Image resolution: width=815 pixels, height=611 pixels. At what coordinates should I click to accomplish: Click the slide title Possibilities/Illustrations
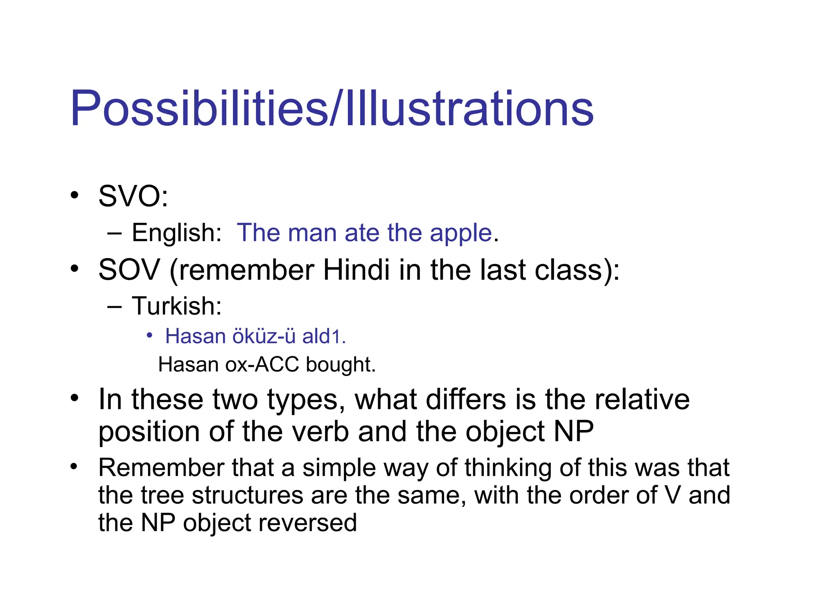click(x=331, y=109)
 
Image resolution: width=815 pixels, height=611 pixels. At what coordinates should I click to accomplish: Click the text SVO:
click(x=133, y=196)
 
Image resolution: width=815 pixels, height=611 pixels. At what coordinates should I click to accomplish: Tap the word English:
click(x=176, y=233)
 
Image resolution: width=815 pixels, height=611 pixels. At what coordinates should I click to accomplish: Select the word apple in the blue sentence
click(x=461, y=234)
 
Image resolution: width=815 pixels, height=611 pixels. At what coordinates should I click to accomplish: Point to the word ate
click(x=361, y=233)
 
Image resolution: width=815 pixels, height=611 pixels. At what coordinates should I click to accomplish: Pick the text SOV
click(x=129, y=270)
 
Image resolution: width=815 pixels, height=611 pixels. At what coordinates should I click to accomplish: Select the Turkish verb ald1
click(x=324, y=337)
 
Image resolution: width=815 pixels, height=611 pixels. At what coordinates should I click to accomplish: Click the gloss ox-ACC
click(x=262, y=365)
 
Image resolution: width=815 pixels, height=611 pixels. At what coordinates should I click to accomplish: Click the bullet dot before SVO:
click(x=74, y=195)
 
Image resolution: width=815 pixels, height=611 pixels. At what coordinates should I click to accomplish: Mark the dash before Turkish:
click(x=114, y=307)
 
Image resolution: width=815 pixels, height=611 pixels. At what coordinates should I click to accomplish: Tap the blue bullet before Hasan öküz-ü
click(x=149, y=336)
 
